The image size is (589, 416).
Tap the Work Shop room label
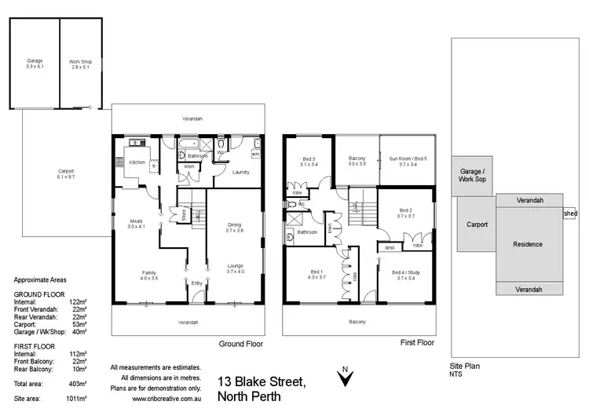point(79,60)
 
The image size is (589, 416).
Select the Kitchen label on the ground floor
point(137,162)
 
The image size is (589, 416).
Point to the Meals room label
point(137,222)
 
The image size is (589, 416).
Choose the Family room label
point(148,273)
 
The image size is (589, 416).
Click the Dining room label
point(235,226)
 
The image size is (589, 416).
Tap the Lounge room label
point(235,267)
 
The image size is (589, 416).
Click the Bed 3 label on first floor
point(308,161)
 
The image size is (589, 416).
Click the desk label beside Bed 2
point(390,247)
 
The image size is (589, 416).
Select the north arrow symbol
point(342,378)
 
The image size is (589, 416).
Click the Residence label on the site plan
point(528,244)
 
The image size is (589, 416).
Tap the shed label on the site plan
point(569,212)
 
